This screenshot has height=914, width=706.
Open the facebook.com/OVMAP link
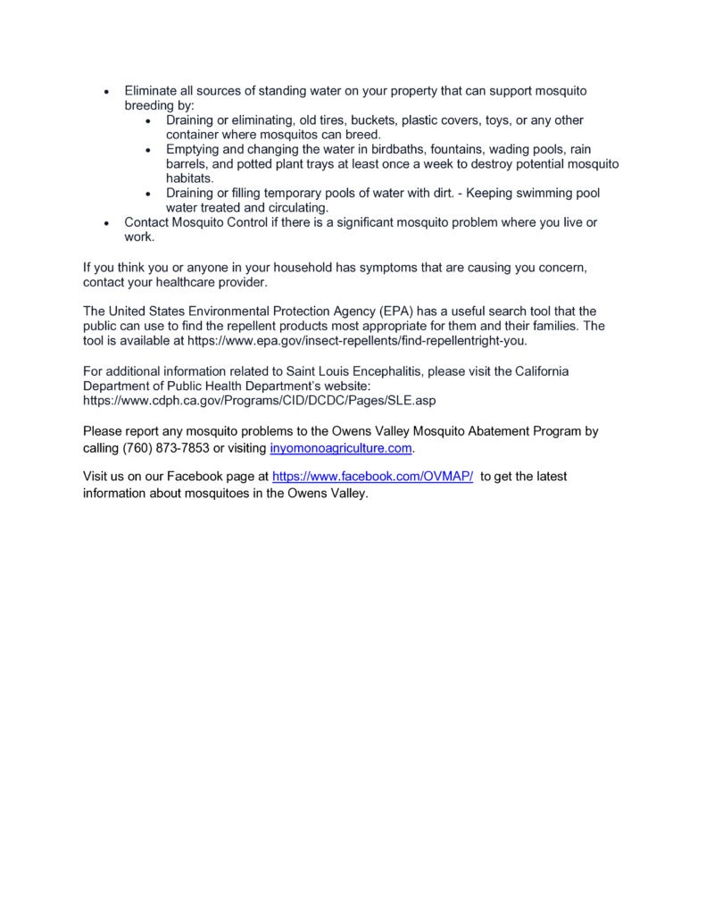(371, 477)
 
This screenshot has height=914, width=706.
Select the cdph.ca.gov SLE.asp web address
(259, 401)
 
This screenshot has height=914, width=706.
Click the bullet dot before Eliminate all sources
(107, 92)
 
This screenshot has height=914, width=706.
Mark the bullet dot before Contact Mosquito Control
(107, 222)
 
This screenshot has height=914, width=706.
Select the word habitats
(189, 179)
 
